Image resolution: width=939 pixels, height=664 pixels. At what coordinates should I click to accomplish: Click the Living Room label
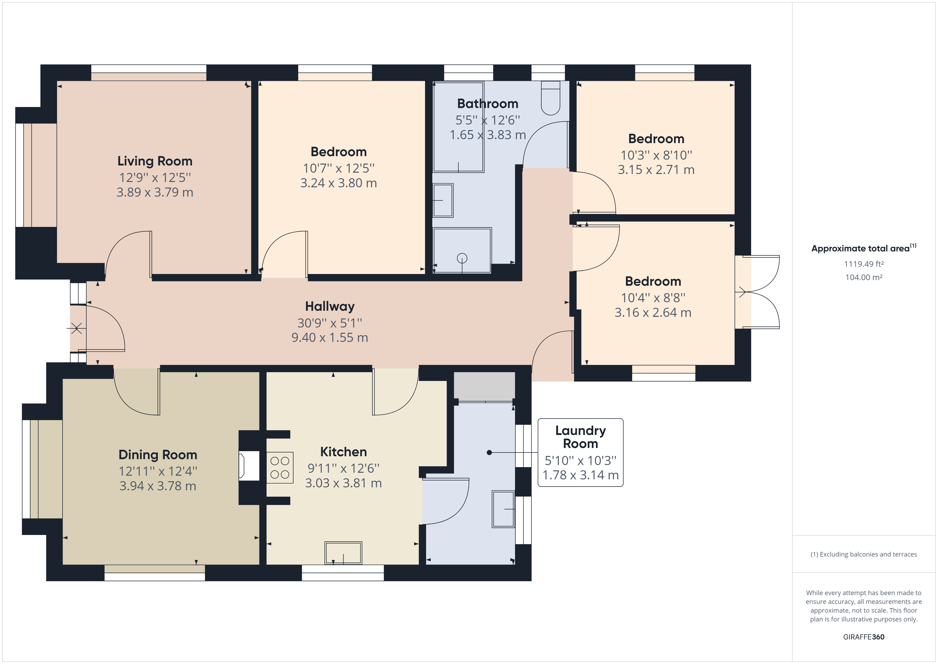155,161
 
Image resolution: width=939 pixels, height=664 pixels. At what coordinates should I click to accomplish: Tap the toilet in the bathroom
550,98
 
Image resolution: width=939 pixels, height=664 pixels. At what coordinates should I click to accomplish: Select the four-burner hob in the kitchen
280,468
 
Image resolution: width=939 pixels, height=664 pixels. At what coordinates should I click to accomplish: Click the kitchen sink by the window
343,553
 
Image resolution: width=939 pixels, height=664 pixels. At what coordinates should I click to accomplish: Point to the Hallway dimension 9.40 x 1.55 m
330,338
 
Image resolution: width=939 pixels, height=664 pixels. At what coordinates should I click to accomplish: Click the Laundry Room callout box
580,453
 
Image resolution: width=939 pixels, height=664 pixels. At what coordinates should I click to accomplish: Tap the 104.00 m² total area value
863,277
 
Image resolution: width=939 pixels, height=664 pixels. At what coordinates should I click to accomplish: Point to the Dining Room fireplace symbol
249,466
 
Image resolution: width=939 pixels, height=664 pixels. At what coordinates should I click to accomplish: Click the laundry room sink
503,509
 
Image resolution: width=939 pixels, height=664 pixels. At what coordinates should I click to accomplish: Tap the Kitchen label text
343,452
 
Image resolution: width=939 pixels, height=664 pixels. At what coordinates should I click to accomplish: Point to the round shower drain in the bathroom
462,258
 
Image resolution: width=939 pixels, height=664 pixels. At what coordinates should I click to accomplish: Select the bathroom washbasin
443,200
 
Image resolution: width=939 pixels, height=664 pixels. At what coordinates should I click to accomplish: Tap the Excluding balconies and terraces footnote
863,554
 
